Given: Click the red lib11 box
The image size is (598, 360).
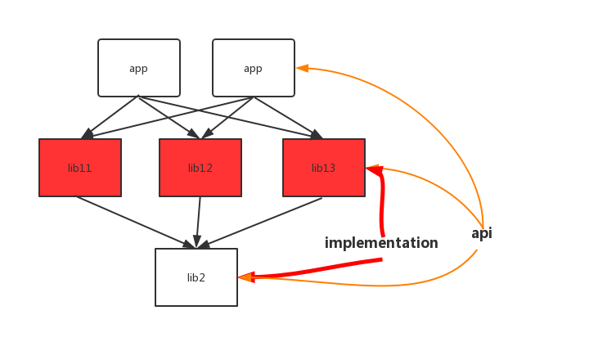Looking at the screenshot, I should tap(80, 168).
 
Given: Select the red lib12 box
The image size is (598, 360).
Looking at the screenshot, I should tap(200, 168).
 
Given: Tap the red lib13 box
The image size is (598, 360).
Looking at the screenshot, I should tap(324, 168).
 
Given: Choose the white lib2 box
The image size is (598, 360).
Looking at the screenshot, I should tap(196, 277).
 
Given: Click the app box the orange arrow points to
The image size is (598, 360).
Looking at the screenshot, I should tap(254, 68).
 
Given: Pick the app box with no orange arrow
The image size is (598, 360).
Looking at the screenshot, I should tap(139, 68).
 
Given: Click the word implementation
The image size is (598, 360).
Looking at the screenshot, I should tap(381, 243).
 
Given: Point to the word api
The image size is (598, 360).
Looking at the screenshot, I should tap(482, 234).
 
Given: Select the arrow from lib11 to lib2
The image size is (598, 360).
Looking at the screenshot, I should tap(135, 222).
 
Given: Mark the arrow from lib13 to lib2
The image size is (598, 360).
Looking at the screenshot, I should tap(262, 221).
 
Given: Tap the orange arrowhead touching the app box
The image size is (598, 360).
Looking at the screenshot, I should tap(302, 69).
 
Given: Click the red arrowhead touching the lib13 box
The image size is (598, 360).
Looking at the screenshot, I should tap(373, 170).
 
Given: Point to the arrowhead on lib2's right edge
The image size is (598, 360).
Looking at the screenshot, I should tap(245, 277).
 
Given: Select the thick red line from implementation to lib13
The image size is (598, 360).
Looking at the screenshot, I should tap(381, 205).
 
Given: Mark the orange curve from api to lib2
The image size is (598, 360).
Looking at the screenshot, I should tap(393, 286).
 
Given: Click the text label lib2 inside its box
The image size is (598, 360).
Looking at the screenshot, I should tap(196, 277).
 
